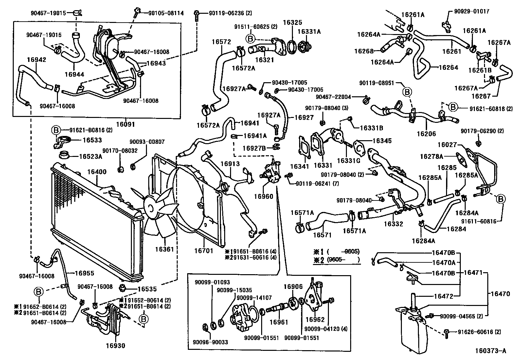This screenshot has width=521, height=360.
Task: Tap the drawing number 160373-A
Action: [x=491, y=351]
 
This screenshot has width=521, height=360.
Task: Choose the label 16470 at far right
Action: [x=500, y=294]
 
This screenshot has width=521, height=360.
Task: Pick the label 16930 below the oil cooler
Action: [x=115, y=346]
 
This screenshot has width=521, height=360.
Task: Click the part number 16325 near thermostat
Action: [x=293, y=23]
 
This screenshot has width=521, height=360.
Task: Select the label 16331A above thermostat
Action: [x=309, y=32]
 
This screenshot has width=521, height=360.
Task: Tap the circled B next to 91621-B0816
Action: [x=55, y=130]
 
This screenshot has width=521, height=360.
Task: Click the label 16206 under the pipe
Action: [x=426, y=134]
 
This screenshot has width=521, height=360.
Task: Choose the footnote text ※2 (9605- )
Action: [x=336, y=260]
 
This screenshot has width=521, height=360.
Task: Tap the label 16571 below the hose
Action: [x=322, y=235]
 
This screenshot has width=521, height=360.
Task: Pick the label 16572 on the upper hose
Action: [x=221, y=42]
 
